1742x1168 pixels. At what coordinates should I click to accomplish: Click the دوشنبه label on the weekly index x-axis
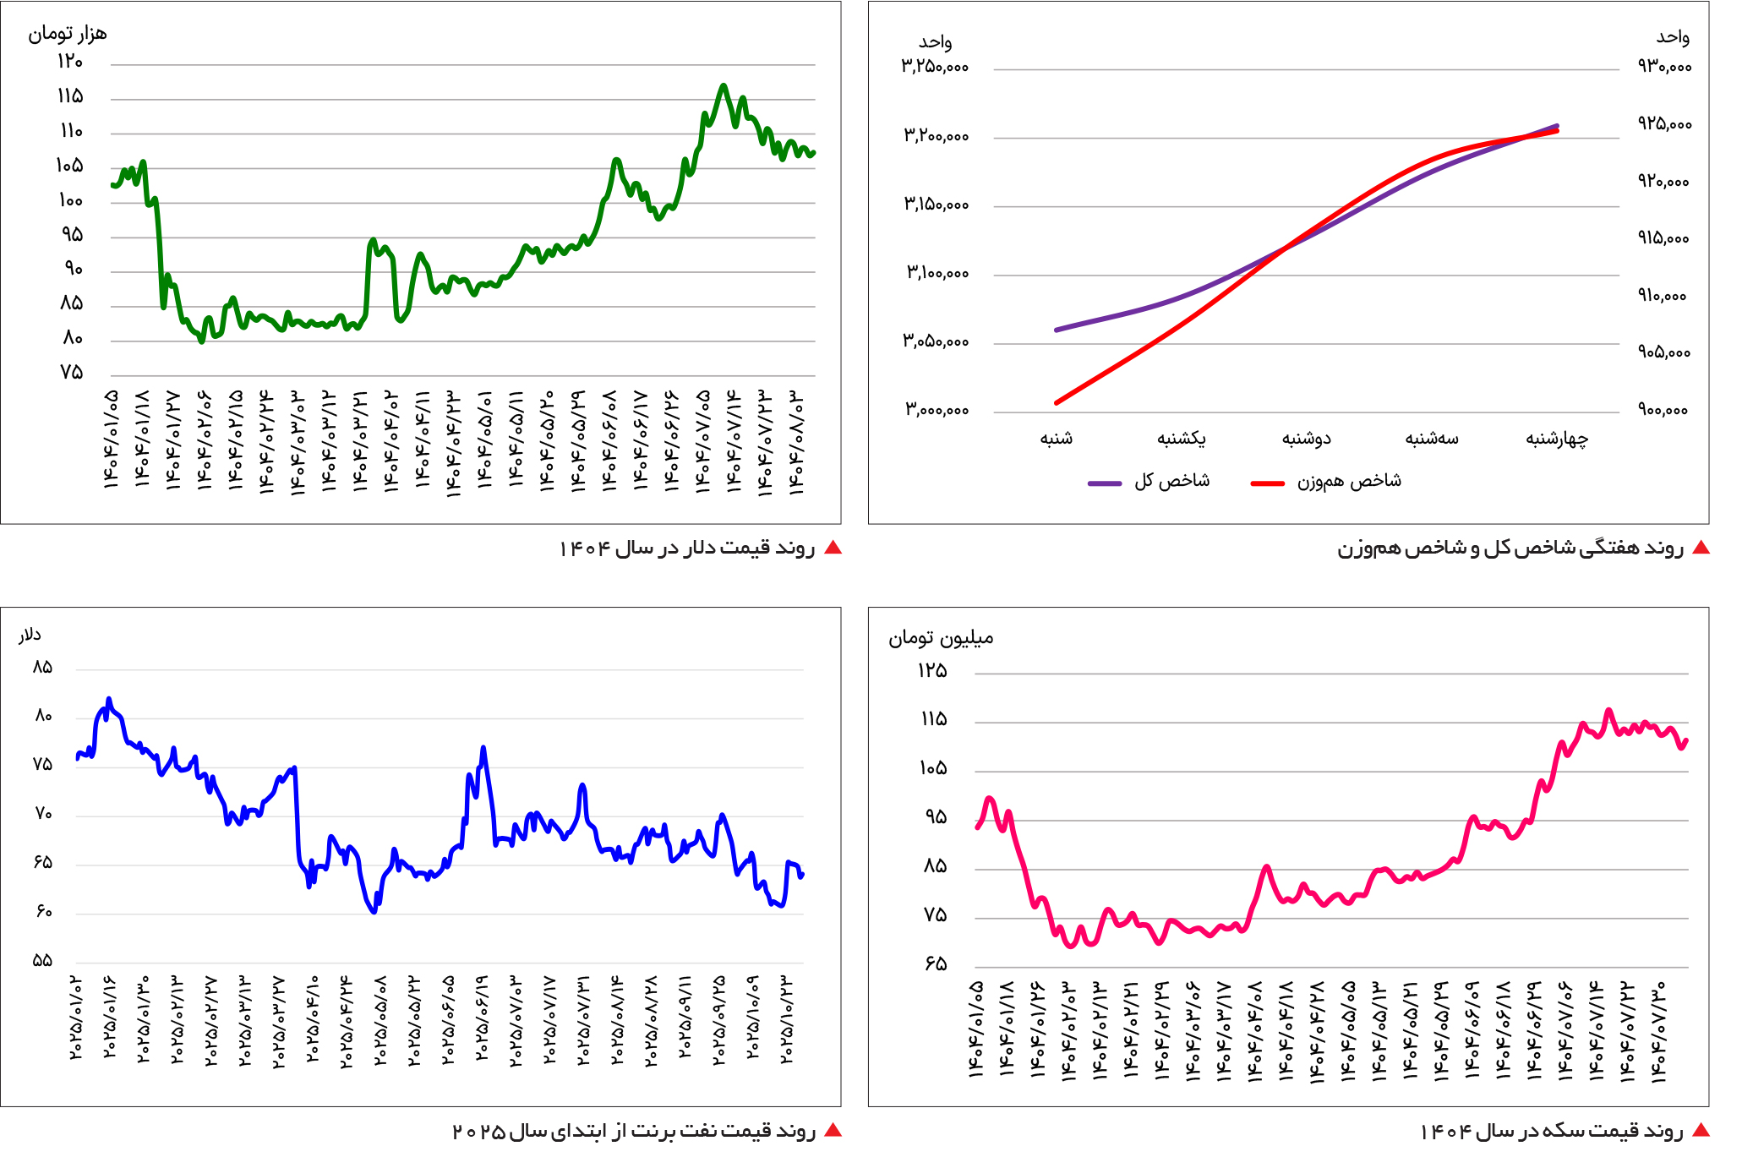tap(1306, 438)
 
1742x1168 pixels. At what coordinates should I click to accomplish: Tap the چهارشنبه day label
tap(1556, 438)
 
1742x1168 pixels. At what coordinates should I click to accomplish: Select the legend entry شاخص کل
tap(1171, 481)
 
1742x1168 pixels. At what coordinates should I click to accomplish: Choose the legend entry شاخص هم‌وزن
tap(1349, 481)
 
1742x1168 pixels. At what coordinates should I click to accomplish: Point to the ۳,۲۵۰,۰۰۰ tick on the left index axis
tap(935, 66)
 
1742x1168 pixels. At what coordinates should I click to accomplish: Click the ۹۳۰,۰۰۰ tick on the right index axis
tap(1664, 66)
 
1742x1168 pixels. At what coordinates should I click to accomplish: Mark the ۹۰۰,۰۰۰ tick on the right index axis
tap(1663, 410)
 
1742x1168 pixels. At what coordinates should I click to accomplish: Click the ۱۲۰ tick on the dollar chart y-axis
tap(70, 62)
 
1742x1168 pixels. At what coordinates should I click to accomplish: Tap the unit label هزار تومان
tap(68, 34)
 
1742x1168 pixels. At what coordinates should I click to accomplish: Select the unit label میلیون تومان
tap(941, 637)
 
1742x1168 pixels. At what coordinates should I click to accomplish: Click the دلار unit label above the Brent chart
tap(30, 635)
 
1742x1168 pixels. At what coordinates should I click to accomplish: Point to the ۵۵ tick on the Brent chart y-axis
tap(42, 960)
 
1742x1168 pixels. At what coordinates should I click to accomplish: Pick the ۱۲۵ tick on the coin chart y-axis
tap(932, 670)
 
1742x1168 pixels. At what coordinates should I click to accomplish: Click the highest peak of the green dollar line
tap(724, 85)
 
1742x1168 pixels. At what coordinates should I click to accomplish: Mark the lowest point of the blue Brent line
tap(374, 912)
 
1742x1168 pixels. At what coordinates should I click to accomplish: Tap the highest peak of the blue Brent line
tap(109, 699)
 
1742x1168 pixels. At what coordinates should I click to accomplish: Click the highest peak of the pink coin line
tap(1608, 710)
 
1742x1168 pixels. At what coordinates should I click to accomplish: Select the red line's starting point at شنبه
tap(1057, 402)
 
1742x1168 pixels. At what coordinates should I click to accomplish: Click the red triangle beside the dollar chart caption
tap(833, 548)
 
